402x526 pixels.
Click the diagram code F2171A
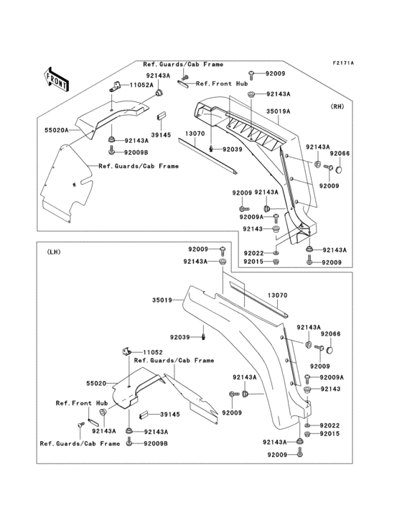tap(343, 63)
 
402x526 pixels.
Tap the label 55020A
tap(57, 131)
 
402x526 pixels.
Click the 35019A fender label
tap(278, 111)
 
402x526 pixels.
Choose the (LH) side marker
tap(52, 252)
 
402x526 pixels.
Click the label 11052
tap(153, 352)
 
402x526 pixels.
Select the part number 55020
tap(96, 384)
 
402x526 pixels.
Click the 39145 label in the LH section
tap(169, 415)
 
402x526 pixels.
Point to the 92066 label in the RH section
tap(340, 154)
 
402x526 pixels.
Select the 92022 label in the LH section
tap(329, 425)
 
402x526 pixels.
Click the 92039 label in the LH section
tap(180, 337)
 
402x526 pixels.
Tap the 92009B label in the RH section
tap(136, 152)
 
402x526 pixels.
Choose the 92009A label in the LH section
tap(332, 377)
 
